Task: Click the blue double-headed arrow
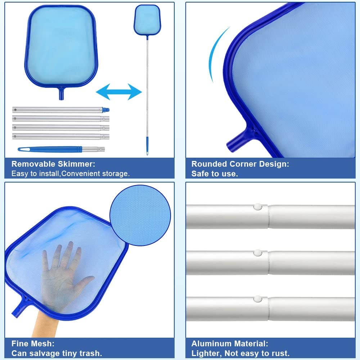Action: coord(119,92)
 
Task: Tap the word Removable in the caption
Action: coord(34,164)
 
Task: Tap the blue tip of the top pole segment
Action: coord(105,110)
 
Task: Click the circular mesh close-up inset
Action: coord(140,215)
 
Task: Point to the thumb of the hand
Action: coord(85,282)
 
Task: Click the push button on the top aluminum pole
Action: coord(258,207)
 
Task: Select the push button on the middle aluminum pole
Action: coord(258,253)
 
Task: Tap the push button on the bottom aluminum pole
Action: coord(258,299)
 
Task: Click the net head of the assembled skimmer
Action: coord(147,20)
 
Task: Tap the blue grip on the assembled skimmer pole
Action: coord(147,146)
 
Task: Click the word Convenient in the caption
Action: coord(81,174)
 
